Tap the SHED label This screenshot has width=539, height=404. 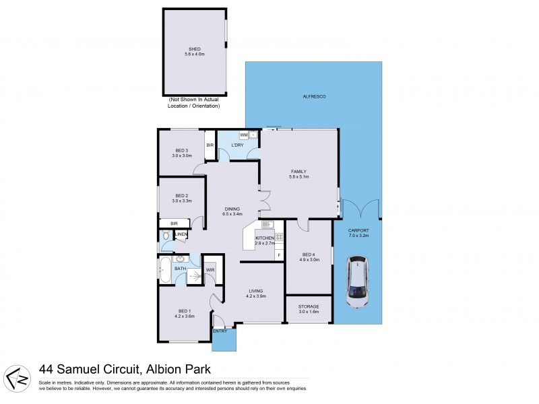pyautogui.click(x=194, y=48)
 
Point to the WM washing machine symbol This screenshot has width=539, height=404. pyautogui.click(x=243, y=135)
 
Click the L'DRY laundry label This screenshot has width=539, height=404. pyautogui.click(x=237, y=145)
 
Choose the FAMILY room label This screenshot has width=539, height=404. pyautogui.click(x=298, y=171)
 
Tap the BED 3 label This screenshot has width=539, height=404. pyautogui.click(x=180, y=150)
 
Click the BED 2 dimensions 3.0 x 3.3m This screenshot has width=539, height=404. pyautogui.click(x=182, y=201)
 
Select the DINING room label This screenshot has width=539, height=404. pyautogui.click(x=232, y=209)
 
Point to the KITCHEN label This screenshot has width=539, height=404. pyautogui.click(x=264, y=239)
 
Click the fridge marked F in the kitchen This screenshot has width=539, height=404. pyautogui.click(x=278, y=255)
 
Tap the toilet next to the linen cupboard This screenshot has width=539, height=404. pyautogui.click(x=166, y=236)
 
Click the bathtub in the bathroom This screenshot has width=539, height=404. pyautogui.click(x=164, y=271)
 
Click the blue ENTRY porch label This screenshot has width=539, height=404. pyautogui.click(x=220, y=331)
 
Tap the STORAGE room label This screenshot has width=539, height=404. pyautogui.click(x=309, y=307)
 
